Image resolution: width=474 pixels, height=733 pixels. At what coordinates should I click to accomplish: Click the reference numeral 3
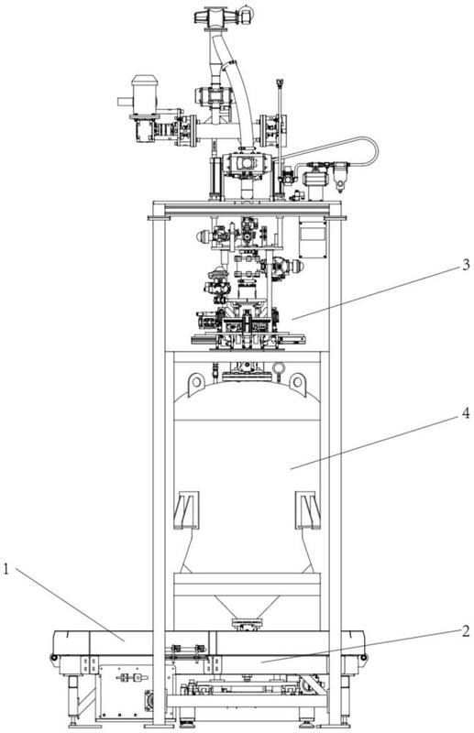click(x=465, y=265)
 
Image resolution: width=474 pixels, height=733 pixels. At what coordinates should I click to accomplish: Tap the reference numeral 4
click(x=465, y=413)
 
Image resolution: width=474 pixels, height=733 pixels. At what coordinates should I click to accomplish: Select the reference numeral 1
click(x=6, y=569)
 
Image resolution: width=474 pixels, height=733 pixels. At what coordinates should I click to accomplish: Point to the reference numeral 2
click(x=465, y=631)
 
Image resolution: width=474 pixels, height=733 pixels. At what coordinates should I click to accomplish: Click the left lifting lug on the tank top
click(x=196, y=383)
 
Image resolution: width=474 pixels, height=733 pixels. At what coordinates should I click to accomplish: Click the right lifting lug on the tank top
click(x=297, y=383)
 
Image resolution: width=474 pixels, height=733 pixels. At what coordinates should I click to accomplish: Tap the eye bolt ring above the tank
click(x=279, y=369)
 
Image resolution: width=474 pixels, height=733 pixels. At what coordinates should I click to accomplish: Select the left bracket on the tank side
click(x=186, y=509)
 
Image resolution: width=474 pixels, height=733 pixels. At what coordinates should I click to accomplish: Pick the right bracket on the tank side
click(x=308, y=509)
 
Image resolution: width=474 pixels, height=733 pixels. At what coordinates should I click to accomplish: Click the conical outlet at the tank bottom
click(x=247, y=607)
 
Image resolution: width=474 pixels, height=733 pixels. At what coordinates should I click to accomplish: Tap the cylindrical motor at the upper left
click(x=144, y=94)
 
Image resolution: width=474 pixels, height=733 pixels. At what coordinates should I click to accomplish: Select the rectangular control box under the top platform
click(x=313, y=238)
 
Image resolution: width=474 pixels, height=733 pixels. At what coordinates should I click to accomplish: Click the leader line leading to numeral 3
click(x=375, y=293)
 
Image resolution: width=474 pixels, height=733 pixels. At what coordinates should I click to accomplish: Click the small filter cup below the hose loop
click(x=340, y=177)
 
